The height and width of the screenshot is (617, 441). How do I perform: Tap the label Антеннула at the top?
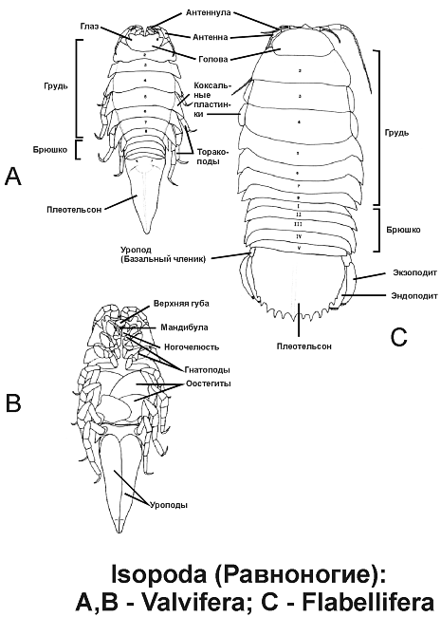208,13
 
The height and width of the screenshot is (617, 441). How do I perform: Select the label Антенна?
210,37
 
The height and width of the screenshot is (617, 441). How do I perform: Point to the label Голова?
213,60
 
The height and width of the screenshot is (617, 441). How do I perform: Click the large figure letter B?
13,402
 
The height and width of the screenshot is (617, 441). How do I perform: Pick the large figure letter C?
399,337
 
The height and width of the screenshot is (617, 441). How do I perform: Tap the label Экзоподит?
415,272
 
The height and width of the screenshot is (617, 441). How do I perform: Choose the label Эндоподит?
414,296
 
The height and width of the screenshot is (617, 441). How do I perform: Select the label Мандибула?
184,327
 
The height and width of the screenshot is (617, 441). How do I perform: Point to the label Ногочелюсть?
192,347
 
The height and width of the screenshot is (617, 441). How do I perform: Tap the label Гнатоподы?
207,370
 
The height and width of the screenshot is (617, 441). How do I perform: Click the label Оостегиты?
209,383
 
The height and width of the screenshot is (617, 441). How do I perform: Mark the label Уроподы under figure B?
169,505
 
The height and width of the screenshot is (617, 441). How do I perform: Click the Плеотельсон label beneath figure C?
303,346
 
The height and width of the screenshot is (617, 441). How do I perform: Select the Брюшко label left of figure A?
50,150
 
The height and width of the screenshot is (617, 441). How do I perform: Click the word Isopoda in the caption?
158,573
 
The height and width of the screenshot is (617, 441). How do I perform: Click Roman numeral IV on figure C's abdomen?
299,236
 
